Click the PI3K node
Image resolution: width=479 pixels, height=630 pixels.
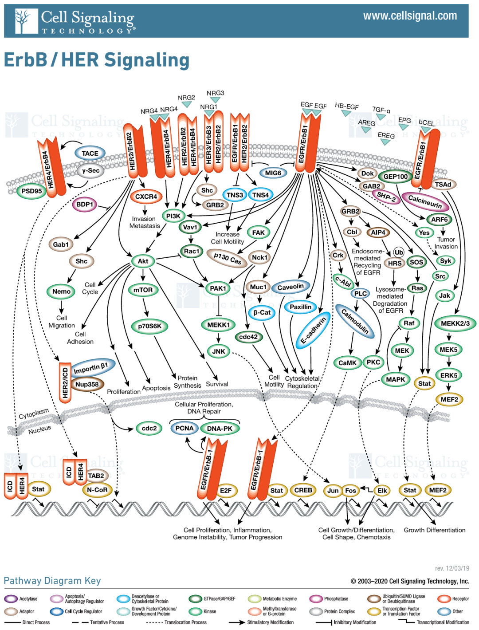(173, 216)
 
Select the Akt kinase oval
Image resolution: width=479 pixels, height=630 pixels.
(143, 261)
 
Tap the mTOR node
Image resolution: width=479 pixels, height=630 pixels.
(143, 290)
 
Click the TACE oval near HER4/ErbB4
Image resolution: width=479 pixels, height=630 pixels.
(90, 154)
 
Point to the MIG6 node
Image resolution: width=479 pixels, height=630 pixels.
(273, 173)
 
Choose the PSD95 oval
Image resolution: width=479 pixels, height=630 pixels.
(31, 191)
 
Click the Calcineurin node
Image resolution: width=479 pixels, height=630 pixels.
(425, 201)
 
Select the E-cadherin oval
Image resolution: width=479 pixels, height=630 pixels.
(313, 330)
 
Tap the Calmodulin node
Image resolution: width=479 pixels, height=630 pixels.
(355, 321)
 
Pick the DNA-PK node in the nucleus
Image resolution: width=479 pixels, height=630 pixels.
(220, 429)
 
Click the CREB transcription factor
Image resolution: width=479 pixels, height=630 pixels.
(303, 490)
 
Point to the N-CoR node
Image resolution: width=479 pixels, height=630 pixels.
(97, 490)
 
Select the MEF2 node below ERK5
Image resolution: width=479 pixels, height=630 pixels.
(449, 400)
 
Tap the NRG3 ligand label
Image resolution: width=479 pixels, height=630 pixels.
(216, 93)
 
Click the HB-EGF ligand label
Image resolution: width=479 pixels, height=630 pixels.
(346, 106)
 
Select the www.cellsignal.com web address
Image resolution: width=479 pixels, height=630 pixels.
(410, 16)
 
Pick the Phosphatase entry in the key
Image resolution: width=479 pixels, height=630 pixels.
(336, 599)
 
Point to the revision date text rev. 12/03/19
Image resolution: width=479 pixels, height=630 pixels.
(452, 568)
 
